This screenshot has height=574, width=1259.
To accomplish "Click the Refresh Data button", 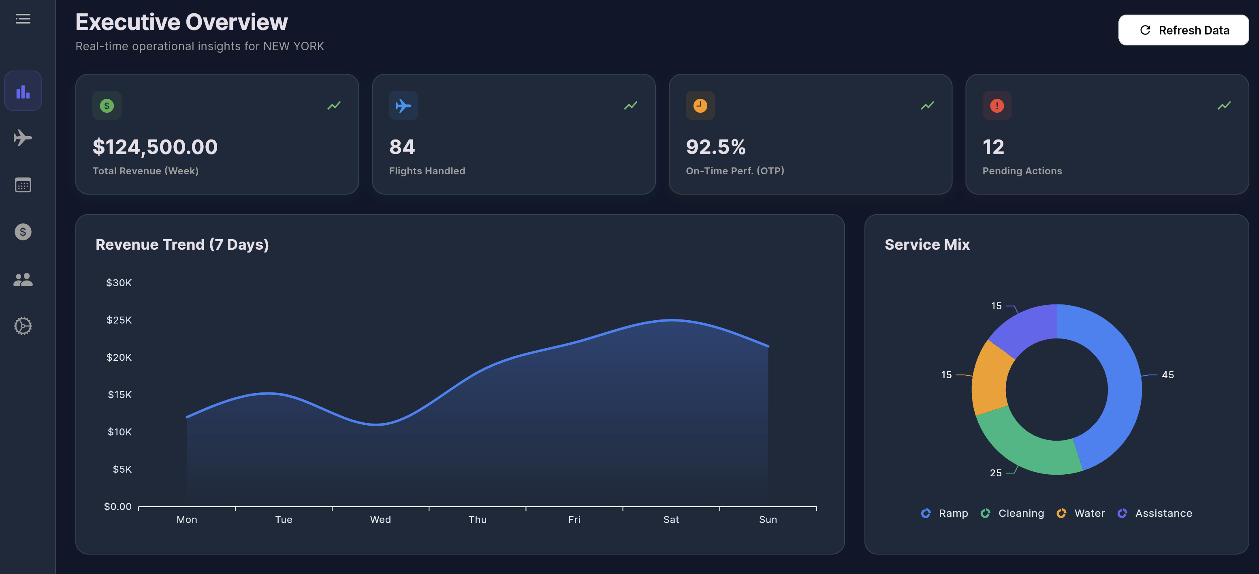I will pyautogui.click(x=1183, y=30).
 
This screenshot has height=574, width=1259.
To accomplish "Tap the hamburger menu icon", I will pyautogui.click(x=23, y=19).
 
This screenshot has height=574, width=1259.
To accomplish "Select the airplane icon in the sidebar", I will pyautogui.click(x=23, y=138).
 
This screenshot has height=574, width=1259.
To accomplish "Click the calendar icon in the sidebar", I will pyautogui.click(x=23, y=185).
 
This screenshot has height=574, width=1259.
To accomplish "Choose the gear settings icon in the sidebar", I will pyautogui.click(x=23, y=326).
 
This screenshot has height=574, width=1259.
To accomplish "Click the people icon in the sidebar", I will pyautogui.click(x=23, y=279).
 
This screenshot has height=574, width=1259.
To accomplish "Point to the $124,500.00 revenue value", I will pyautogui.click(x=155, y=147).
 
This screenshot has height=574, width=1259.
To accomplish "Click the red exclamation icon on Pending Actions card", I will pyautogui.click(x=997, y=106).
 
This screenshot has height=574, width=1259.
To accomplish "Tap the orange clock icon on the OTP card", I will pyautogui.click(x=700, y=106).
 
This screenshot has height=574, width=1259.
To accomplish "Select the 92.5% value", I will pyautogui.click(x=715, y=147).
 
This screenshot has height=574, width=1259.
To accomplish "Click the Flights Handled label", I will pyautogui.click(x=427, y=171).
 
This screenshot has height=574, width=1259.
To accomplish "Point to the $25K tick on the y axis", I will pyautogui.click(x=119, y=320).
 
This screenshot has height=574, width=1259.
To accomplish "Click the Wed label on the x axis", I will pyautogui.click(x=380, y=519).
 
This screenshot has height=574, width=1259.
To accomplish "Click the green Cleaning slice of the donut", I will pyautogui.click(x=1022, y=445).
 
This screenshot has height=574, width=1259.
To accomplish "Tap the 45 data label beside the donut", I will pyautogui.click(x=1167, y=375).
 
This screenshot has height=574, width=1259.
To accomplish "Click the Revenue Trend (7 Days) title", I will pyautogui.click(x=182, y=244).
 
